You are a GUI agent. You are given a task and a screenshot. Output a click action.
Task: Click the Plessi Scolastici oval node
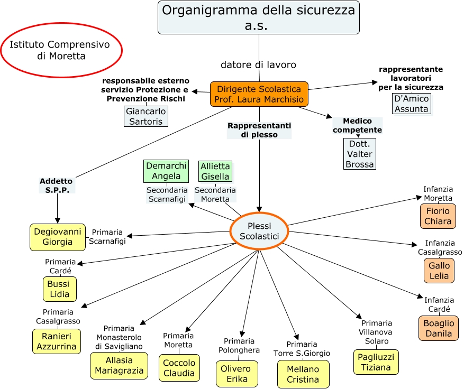[x=259, y=231]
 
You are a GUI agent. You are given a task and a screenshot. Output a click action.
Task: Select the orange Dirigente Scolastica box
[x=259, y=94]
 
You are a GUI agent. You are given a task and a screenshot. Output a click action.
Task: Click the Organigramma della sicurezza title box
[x=259, y=17]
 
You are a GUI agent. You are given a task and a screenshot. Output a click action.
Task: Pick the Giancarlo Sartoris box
[x=146, y=116]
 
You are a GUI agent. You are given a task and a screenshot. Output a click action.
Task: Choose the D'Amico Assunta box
[x=411, y=104]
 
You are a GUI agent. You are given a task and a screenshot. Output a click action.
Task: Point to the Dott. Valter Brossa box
[x=359, y=154]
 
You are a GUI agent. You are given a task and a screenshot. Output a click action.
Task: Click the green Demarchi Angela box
[x=167, y=171]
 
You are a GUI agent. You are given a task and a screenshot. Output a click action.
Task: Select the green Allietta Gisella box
[x=215, y=171]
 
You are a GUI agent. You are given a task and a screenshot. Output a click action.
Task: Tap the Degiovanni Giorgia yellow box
[x=58, y=237]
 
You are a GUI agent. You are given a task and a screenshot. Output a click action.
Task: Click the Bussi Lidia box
[x=59, y=289]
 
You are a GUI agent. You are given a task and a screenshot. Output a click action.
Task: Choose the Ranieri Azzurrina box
[x=57, y=341]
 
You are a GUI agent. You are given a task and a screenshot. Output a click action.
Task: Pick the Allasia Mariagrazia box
[x=119, y=366]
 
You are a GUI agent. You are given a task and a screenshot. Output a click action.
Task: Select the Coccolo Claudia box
[x=179, y=367]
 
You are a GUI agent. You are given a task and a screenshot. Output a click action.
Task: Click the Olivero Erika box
[x=236, y=374]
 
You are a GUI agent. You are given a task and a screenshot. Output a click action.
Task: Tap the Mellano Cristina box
[x=303, y=374]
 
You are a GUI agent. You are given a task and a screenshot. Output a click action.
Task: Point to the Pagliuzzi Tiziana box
[x=376, y=362]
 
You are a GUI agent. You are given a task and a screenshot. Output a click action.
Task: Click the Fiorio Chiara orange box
[x=438, y=216]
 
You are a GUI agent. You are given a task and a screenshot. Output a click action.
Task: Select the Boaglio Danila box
[x=439, y=328]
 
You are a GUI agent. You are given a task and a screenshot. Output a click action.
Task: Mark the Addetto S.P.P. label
[x=57, y=186]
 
